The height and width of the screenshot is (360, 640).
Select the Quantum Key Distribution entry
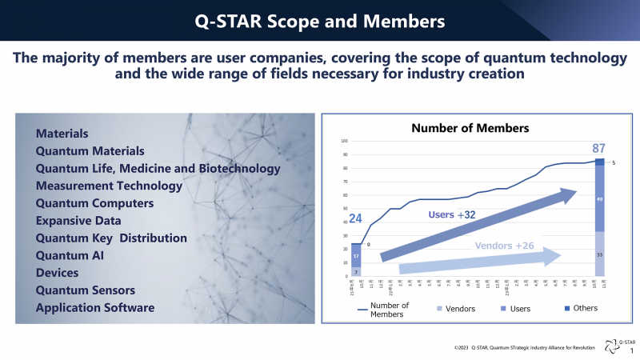111,238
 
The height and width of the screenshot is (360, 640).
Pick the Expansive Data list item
78,220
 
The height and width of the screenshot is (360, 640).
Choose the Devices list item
58,273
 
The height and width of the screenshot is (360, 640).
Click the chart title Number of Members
470,128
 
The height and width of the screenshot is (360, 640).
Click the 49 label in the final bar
600,198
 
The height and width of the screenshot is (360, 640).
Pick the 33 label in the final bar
600,255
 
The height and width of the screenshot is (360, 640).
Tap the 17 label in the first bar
357,256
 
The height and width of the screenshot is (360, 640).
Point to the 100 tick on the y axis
345,142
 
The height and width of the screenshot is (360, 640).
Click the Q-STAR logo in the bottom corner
621,345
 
